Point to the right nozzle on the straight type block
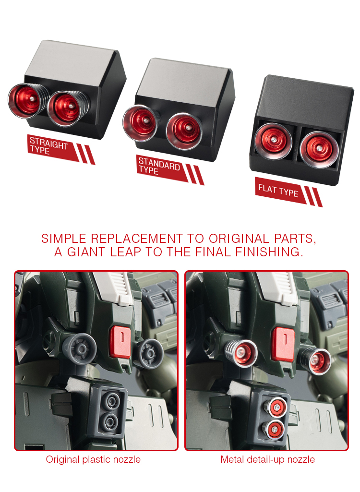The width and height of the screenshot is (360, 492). pos(68,108)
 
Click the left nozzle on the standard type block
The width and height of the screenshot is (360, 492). pos(141,122)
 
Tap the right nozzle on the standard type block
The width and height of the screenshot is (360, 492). pos(184,131)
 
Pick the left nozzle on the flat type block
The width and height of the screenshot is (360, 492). pos(273,141)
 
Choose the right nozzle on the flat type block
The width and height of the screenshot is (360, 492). pos(319,150)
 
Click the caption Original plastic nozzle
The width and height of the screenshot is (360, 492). pos(93,459)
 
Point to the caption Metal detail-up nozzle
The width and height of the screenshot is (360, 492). pos(268,459)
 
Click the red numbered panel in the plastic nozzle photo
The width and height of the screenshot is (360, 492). pos(120,342)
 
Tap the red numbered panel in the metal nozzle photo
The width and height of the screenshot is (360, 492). pos(283,344)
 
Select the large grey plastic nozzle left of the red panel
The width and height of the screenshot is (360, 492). pos(80,348)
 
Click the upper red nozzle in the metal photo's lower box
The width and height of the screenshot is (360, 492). pos(276,408)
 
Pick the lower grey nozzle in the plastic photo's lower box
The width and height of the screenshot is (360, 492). pos(110,421)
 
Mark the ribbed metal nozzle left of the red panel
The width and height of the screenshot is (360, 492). pos(241,353)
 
